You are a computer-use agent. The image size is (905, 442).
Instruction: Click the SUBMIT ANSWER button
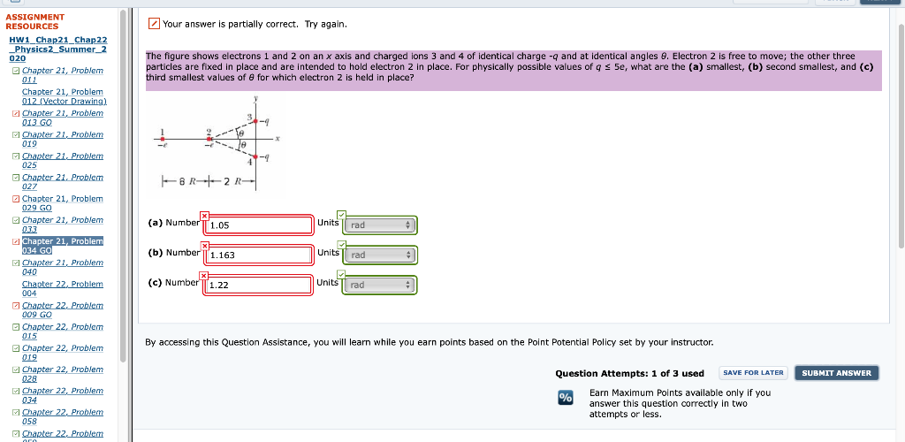point(836,373)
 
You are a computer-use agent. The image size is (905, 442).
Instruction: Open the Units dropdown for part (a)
point(379,226)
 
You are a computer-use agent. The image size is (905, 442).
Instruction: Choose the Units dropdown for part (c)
point(379,286)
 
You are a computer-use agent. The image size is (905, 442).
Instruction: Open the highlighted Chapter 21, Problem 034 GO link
point(62,246)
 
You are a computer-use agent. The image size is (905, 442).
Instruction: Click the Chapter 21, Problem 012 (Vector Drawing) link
point(64,96)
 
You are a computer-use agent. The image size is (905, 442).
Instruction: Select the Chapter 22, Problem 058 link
point(62,417)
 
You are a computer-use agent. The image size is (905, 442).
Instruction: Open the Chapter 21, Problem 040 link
point(62,267)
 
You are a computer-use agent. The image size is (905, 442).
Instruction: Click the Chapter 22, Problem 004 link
point(62,288)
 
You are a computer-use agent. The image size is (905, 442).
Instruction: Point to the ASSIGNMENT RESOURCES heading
point(35,21)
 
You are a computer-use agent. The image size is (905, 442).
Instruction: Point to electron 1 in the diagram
point(162,138)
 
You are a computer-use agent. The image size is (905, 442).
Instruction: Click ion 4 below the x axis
point(255,156)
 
